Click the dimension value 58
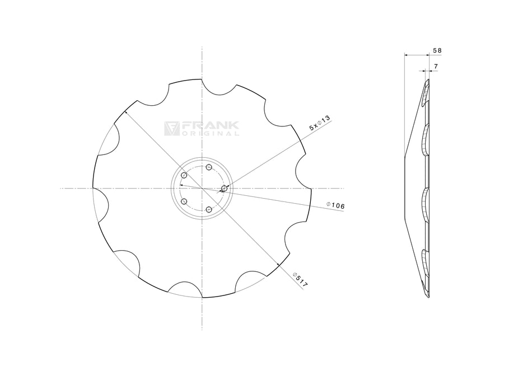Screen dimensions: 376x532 pyautogui.click(x=437, y=50)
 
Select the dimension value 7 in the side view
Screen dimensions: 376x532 pyautogui.click(x=436, y=67)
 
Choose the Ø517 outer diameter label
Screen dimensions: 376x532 pyautogui.click(x=300, y=279)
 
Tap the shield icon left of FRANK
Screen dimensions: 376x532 pyautogui.click(x=171, y=129)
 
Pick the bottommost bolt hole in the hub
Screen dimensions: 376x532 pyautogui.click(x=208, y=209)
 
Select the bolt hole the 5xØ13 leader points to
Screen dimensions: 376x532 pyautogui.click(x=225, y=188)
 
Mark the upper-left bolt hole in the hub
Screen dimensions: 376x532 pyautogui.click(x=183, y=176)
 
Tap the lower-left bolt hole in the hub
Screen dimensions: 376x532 pyautogui.click(x=183, y=201)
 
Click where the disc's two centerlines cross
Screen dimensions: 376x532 pyautogui.click(x=202, y=189)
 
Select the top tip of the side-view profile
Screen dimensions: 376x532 pyautogui.click(x=428, y=80)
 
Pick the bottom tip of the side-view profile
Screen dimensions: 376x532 pyautogui.click(x=428, y=297)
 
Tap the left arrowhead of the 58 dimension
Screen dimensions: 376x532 pyautogui.click(x=405, y=55)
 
